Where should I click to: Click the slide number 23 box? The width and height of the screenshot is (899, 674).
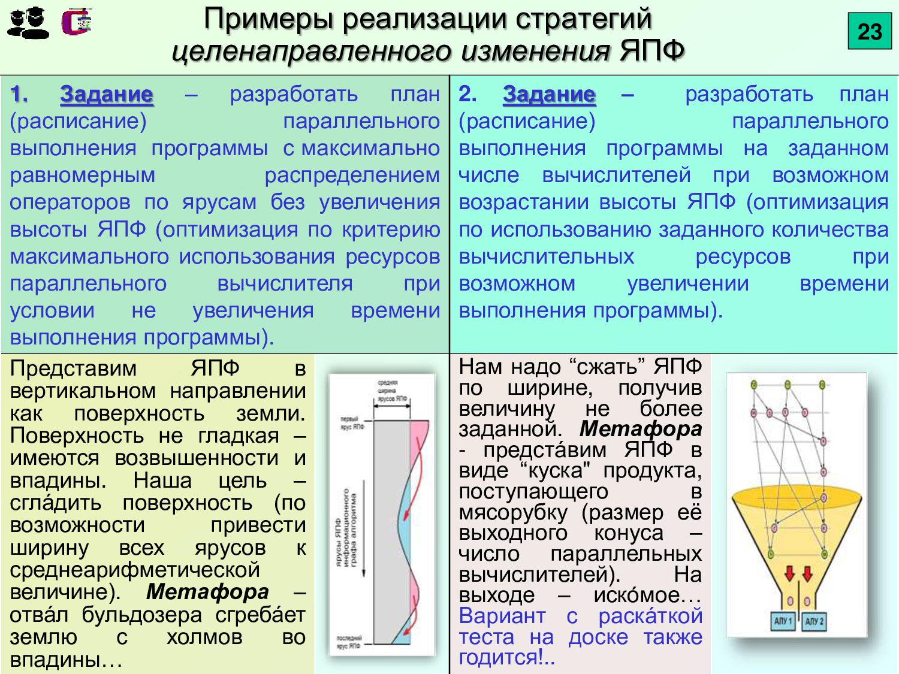pyautogui.click(x=870, y=32)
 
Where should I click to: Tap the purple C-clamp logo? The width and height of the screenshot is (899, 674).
pyautogui.click(x=77, y=22)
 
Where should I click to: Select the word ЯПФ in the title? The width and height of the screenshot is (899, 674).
pyautogui.click(x=652, y=50)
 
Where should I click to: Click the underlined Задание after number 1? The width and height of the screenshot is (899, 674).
pyautogui.click(x=107, y=95)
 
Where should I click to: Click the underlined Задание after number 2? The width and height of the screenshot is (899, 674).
pyautogui.click(x=549, y=95)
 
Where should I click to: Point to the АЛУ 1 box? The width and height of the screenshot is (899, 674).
pyautogui.click(x=783, y=621)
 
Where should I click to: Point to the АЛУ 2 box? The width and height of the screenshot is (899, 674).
pyautogui.click(x=813, y=621)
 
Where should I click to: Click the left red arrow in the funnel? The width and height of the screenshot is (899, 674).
pyautogui.click(x=789, y=574)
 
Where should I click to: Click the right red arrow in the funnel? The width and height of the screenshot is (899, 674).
pyautogui.click(x=807, y=574)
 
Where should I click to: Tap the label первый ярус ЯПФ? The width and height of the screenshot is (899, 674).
pyautogui.click(x=352, y=422)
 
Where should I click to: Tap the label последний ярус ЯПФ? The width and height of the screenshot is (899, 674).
pyautogui.click(x=349, y=642)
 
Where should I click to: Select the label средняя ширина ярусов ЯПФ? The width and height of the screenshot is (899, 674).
pyautogui.click(x=391, y=390)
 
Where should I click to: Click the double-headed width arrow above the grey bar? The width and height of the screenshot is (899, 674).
pyautogui.click(x=391, y=406)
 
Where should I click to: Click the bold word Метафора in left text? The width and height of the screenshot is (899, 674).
pyautogui.click(x=207, y=592)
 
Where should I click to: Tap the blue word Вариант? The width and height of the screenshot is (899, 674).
pyautogui.click(x=502, y=616)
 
